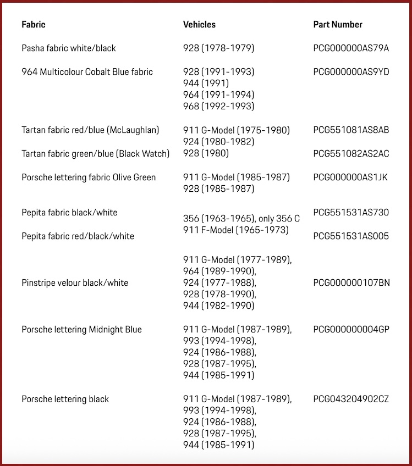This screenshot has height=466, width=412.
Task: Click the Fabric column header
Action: point(33,24)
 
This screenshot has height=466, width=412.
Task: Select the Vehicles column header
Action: point(199,24)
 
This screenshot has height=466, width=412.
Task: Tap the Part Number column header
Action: point(338,24)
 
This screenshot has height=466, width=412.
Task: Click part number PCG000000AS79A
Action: point(351,48)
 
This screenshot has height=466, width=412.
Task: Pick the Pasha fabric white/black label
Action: point(69,48)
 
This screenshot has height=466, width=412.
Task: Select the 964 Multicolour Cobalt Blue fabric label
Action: point(87,72)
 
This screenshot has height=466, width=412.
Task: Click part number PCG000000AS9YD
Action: point(351,72)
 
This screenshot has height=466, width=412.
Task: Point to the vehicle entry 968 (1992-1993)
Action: point(218,107)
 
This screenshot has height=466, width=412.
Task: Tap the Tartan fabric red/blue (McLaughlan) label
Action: point(90,130)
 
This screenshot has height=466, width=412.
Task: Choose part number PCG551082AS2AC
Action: point(351,154)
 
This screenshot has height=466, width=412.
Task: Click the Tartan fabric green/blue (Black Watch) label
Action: point(95,154)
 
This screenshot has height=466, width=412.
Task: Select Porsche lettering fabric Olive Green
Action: point(89,177)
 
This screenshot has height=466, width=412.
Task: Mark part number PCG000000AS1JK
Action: point(351,177)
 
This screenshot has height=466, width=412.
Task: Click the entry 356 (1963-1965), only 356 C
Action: point(241,219)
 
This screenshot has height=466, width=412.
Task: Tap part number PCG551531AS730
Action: point(351,213)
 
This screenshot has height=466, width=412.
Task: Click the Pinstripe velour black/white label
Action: point(75,283)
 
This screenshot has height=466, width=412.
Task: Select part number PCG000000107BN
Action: point(351,283)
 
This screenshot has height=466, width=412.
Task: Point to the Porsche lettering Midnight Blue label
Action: point(81,330)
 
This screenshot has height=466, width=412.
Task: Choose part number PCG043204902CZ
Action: point(351,399)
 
